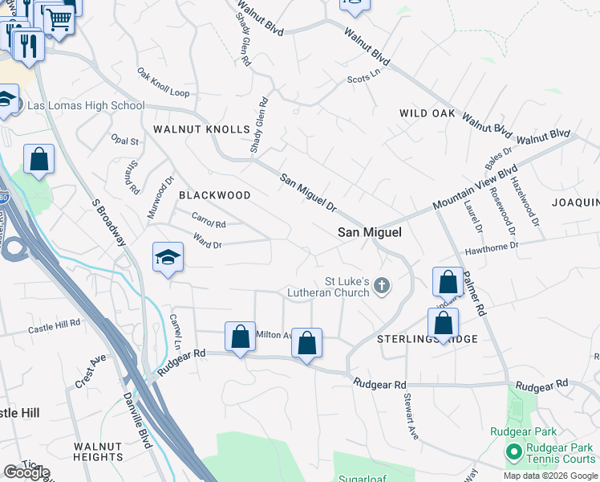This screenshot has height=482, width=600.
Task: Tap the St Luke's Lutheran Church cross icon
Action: [x=383, y=285]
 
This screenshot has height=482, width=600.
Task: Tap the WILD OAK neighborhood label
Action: [x=428, y=114]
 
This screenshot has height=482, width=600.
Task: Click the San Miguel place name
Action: [x=369, y=232]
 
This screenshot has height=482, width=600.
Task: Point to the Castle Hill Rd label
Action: [x=55, y=326]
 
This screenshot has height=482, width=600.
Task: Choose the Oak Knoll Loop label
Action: [x=163, y=84]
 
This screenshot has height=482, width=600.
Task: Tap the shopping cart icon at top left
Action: [x=58, y=18]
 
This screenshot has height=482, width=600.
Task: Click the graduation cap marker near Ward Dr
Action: [x=168, y=257]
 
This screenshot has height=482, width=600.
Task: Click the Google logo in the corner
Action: [x=26, y=472]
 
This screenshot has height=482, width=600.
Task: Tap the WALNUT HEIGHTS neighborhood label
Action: [x=97, y=451]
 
